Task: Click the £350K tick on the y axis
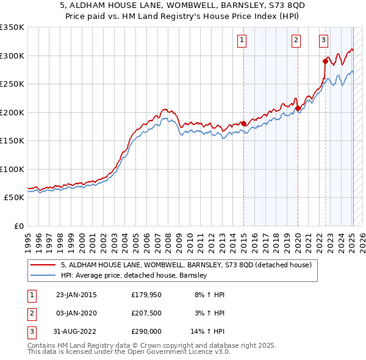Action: pyautogui.click(x=12, y=27)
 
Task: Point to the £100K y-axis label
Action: pyautogui.click(x=12, y=169)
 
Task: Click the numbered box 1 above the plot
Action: pyautogui.click(x=242, y=41)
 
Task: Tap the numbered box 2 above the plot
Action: pyautogui.click(x=296, y=41)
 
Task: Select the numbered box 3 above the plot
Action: pyautogui.click(x=323, y=41)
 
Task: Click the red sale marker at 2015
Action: pyautogui.click(x=244, y=124)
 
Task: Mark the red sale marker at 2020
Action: pyautogui.click(x=298, y=109)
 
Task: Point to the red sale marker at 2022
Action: pyautogui.click(x=325, y=61)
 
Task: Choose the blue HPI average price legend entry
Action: pyautogui.click(x=134, y=275)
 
